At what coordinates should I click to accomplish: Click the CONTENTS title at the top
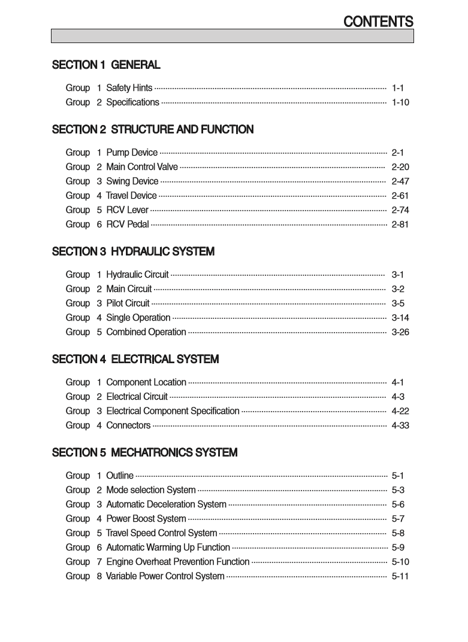(x=378, y=22)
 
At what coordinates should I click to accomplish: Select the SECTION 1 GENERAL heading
(x=106, y=65)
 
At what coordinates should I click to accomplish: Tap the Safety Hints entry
(x=129, y=88)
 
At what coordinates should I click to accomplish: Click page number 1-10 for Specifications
(x=400, y=102)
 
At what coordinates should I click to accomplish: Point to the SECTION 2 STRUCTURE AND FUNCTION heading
(x=153, y=129)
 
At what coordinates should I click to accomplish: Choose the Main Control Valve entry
(x=141, y=167)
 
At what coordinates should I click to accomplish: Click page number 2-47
(x=400, y=181)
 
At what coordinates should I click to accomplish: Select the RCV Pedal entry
(x=128, y=224)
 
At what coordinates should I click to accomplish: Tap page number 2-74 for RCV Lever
(x=400, y=210)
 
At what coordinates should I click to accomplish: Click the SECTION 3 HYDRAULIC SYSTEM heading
(x=133, y=252)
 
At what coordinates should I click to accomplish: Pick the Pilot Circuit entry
(x=128, y=303)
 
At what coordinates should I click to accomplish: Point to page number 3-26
(x=400, y=332)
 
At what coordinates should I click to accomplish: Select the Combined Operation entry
(x=146, y=332)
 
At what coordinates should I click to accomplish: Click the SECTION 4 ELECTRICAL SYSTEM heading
(x=135, y=360)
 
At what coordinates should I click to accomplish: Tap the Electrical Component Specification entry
(x=173, y=411)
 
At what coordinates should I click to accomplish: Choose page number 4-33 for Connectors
(x=400, y=425)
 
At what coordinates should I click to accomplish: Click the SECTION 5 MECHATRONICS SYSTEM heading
(x=144, y=453)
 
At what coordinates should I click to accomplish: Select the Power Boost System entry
(x=146, y=519)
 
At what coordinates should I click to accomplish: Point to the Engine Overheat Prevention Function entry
(x=177, y=562)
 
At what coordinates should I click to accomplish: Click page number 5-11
(x=400, y=576)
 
